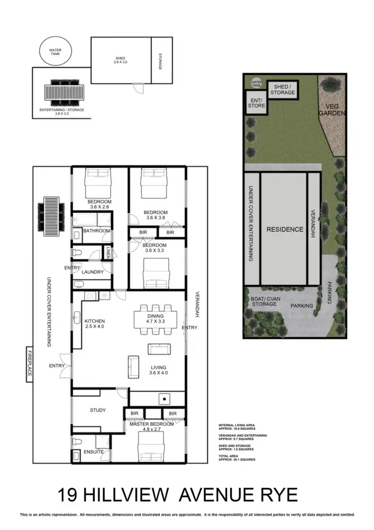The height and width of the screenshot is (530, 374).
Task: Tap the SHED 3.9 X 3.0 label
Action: coord(121,60)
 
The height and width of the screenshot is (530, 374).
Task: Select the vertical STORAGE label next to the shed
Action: coord(159,60)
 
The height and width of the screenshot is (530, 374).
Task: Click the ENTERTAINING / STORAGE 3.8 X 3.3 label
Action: coord(62,112)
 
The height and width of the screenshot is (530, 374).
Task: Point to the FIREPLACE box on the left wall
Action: coord(29,364)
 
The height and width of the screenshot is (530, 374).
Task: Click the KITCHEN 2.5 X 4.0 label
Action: coord(95,324)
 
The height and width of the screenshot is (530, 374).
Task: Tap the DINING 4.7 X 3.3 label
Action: coord(156,319)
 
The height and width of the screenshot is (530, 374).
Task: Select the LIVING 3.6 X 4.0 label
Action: coord(158,370)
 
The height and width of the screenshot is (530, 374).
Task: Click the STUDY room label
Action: coord(98,410)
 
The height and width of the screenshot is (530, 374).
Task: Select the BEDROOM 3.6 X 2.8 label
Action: coord(100,205)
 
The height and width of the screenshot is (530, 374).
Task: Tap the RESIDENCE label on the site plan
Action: coord(284,229)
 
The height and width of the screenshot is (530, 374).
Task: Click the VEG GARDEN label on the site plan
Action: coord(335,110)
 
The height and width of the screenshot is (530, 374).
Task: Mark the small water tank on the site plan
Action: coord(257,82)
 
